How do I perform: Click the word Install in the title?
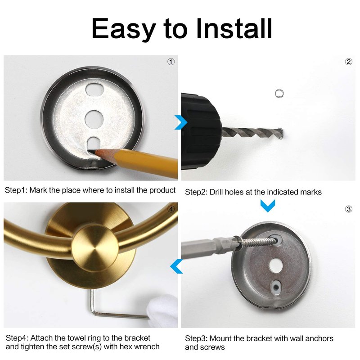tap(234, 28)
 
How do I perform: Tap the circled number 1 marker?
tap(171, 62)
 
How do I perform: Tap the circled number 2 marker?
tap(348, 62)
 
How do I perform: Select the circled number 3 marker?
tap(348, 209)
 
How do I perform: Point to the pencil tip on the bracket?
tap(91, 152)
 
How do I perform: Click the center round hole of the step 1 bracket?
tap(94, 119)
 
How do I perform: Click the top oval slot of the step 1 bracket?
tap(94, 90)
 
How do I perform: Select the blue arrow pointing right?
tap(181, 122)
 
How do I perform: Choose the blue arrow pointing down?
tap(268, 205)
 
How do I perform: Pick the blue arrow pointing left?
tap(176, 266)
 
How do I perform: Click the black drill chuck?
tap(200, 131)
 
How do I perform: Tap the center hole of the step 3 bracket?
tap(276, 266)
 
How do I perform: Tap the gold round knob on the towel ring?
tap(95, 249)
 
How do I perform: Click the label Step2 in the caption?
tap(196, 193)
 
